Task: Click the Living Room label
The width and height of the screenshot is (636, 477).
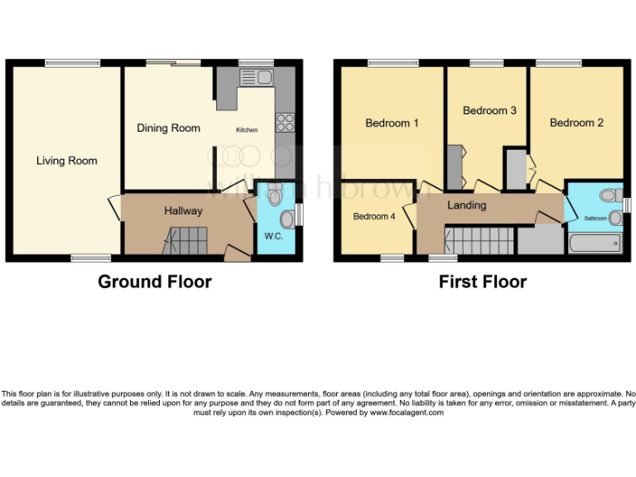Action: coord(66,161)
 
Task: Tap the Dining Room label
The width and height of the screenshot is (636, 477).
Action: coord(168,128)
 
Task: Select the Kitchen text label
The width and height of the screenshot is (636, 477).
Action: coord(247,130)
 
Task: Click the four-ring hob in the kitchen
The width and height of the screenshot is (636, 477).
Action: coord(285,123)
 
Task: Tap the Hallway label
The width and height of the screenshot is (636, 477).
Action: coord(182,211)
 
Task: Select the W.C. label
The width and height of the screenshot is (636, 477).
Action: coord(274,236)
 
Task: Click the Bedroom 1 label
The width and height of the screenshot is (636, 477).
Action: coord(392,123)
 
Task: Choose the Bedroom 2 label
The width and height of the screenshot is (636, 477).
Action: coord(576,123)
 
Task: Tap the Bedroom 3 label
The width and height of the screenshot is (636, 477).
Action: coord(489,110)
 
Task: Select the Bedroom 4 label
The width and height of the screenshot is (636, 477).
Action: coord(374,217)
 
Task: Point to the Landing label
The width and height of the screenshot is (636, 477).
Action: coord(466,205)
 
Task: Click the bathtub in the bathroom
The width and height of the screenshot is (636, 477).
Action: coord(595,243)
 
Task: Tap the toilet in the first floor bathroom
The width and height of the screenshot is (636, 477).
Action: coord(611,195)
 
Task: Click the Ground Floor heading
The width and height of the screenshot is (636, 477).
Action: coord(155,282)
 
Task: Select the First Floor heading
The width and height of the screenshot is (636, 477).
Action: coord(483,282)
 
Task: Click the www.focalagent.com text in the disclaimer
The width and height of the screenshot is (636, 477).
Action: coord(407,412)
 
